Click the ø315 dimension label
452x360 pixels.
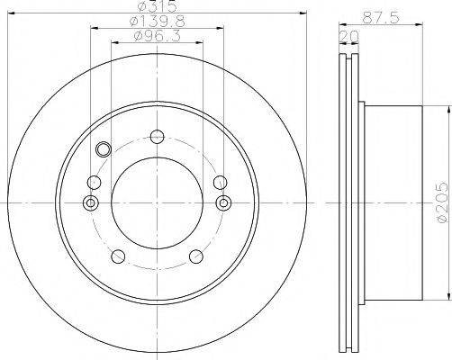point(157,6)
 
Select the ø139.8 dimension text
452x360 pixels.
point(157,22)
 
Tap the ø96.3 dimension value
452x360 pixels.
point(157,36)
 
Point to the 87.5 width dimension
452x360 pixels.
point(381,18)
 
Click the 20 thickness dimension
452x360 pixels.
point(348,37)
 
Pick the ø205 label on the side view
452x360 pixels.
point(443,202)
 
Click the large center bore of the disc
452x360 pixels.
point(157,203)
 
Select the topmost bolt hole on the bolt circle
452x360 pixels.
point(157,137)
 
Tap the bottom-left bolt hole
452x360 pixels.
point(118,256)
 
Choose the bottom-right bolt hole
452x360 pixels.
point(196,256)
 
